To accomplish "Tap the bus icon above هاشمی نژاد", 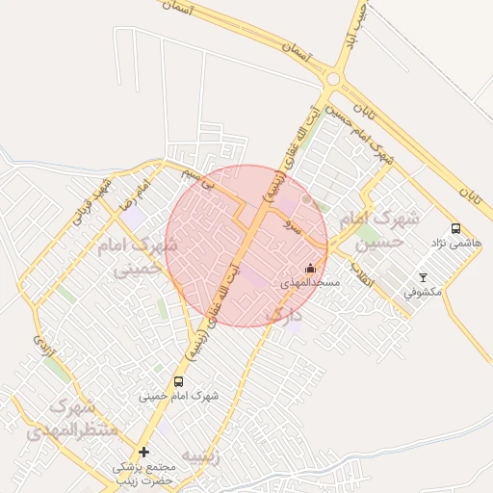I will [455, 229].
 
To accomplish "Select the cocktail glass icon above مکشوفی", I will [422, 277].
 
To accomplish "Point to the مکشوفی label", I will [422, 292].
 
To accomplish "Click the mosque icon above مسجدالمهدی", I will [309, 269].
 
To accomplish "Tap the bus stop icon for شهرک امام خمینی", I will [178, 381].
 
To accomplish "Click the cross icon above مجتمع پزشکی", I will [143, 452].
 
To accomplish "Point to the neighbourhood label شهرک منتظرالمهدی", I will [60, 420].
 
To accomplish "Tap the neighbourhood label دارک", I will [283, 315].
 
